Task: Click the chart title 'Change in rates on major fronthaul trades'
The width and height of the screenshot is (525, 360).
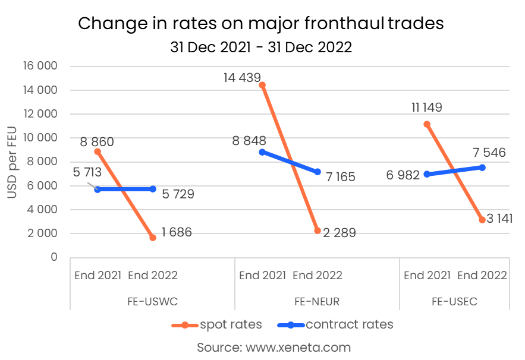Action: click(x=261, y=23)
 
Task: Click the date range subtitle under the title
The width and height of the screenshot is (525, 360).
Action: click(x=261, y=47)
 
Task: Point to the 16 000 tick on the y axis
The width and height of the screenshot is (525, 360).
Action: click(x=39, y=66)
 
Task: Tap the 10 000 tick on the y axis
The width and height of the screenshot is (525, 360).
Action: click(x=39, y=138)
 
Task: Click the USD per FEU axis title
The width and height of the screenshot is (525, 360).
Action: click(x=12, y=161)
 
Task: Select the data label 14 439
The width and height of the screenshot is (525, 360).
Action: click(x=242, y=77)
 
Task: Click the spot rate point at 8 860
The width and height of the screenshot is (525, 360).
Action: click(x=98, y=151)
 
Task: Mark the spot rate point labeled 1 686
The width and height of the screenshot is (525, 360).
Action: click(x=153, y=237)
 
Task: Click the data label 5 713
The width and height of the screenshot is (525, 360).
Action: click(x=87, y=173)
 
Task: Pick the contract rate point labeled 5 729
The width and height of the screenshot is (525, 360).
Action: click(x=153, y=189)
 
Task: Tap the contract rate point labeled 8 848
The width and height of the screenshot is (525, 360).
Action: click(x=262, y=151)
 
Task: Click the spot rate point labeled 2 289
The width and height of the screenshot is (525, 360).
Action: click(x=317, y=230)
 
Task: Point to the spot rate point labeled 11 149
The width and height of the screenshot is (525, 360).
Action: click(x=427, y=124)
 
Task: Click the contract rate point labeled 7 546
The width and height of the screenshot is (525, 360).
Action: click(x=482, y=168)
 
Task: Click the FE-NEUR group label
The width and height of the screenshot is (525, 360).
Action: click(x=317, y=302)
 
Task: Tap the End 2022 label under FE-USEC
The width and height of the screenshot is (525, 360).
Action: click(x=482, y=275)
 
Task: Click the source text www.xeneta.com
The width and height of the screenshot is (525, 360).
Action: click(x=273, y=347)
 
